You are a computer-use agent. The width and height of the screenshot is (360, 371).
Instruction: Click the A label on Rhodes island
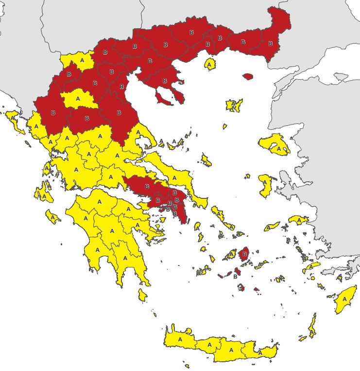(345, 299)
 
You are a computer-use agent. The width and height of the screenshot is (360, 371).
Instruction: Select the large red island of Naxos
(244, 253)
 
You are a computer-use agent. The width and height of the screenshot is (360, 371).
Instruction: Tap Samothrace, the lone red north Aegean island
(248, 76)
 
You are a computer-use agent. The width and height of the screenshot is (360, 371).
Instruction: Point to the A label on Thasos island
(209, 64)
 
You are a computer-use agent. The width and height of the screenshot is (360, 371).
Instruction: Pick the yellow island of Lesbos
(277, 145)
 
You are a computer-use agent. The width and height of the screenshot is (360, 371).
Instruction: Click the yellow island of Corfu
(13, 118)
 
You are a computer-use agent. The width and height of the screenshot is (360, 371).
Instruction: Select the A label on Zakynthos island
(52, 216)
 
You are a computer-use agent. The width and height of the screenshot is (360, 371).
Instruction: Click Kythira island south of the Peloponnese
(142, 295)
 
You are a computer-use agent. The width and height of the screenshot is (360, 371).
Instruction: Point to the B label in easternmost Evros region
(270, 43)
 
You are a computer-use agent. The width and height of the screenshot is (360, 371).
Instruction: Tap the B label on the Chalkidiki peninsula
(165, 81)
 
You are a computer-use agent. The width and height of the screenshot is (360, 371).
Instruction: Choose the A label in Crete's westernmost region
(180, 339)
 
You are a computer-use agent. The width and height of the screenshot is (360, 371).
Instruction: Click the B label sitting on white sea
(235, 276)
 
